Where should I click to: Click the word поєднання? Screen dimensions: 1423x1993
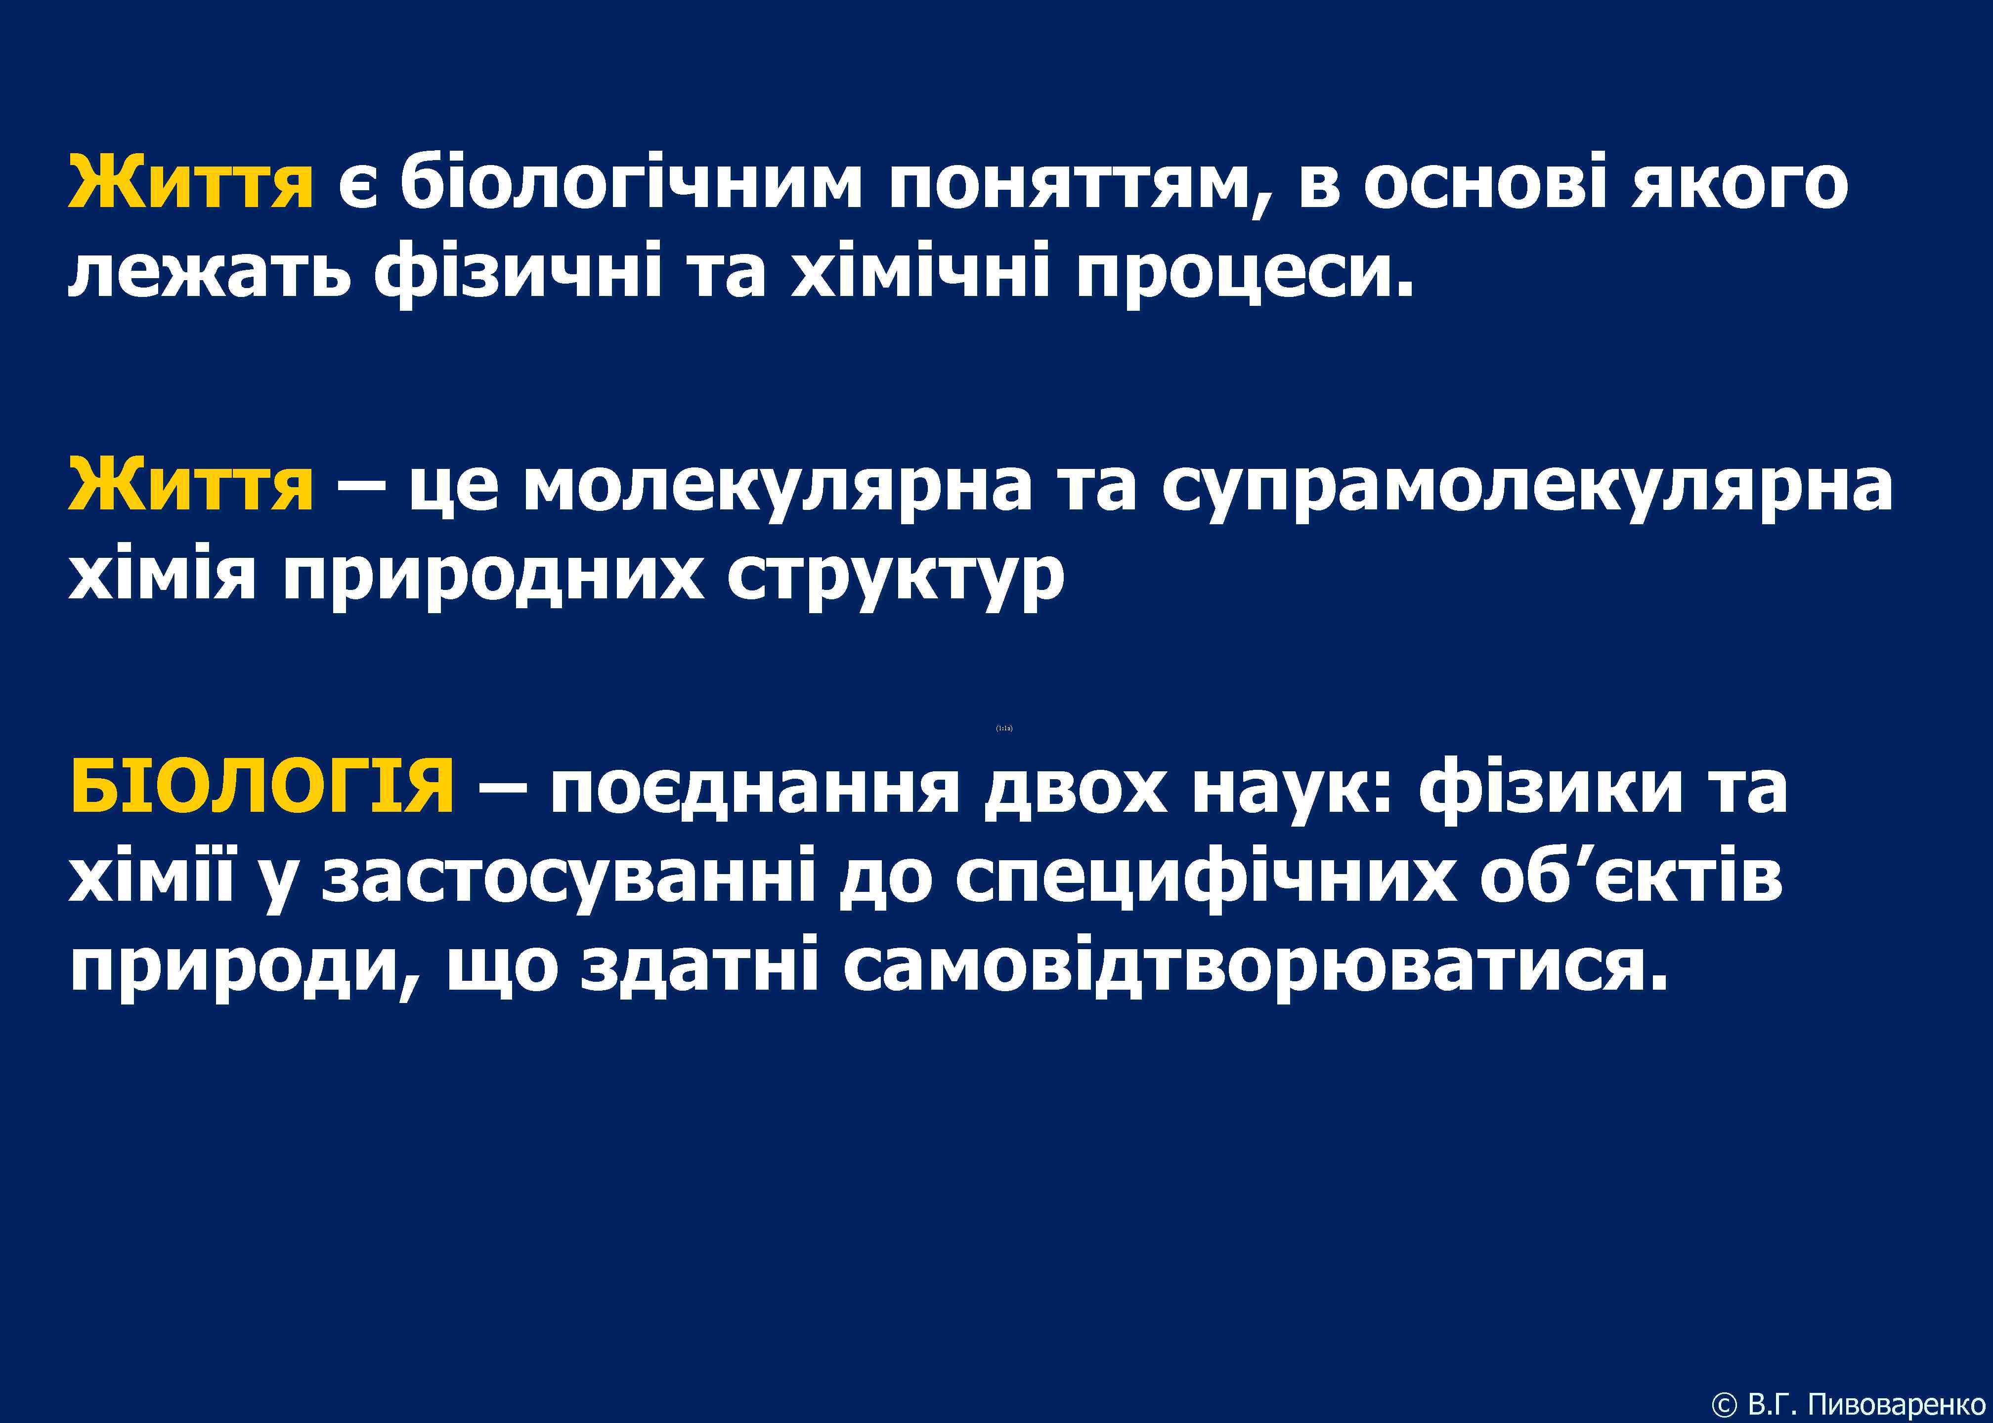coord(754,786)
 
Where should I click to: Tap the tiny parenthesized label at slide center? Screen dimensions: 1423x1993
coord(1004,728)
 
